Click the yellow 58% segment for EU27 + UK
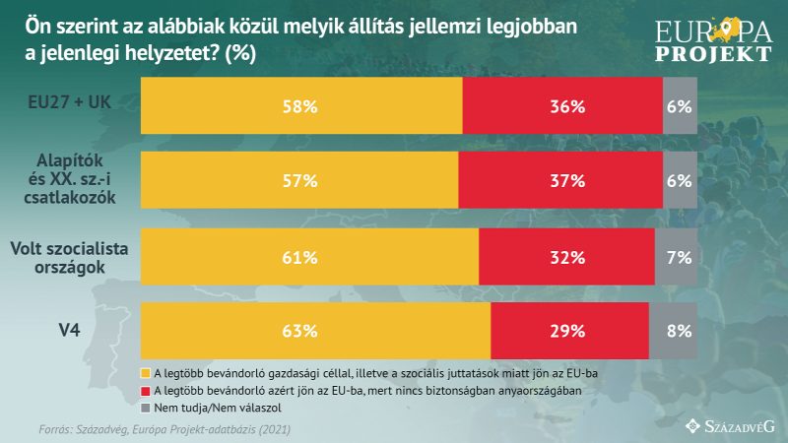(x=301, y=106)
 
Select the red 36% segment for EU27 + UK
(x=562, y=106)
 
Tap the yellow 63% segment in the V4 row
(x=315, y=331)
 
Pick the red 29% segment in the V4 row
(x=569, y=331)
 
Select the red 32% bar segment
(x=566, y=257)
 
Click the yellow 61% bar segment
(x=309, y=257)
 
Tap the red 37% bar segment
(x=560, y=181)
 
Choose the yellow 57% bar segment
(x=299, y=181)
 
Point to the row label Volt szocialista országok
(x=69, y=257)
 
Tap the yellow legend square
(x=147, y=374)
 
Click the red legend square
(x=147, y=391)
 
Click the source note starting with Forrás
(x=164, y=429)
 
